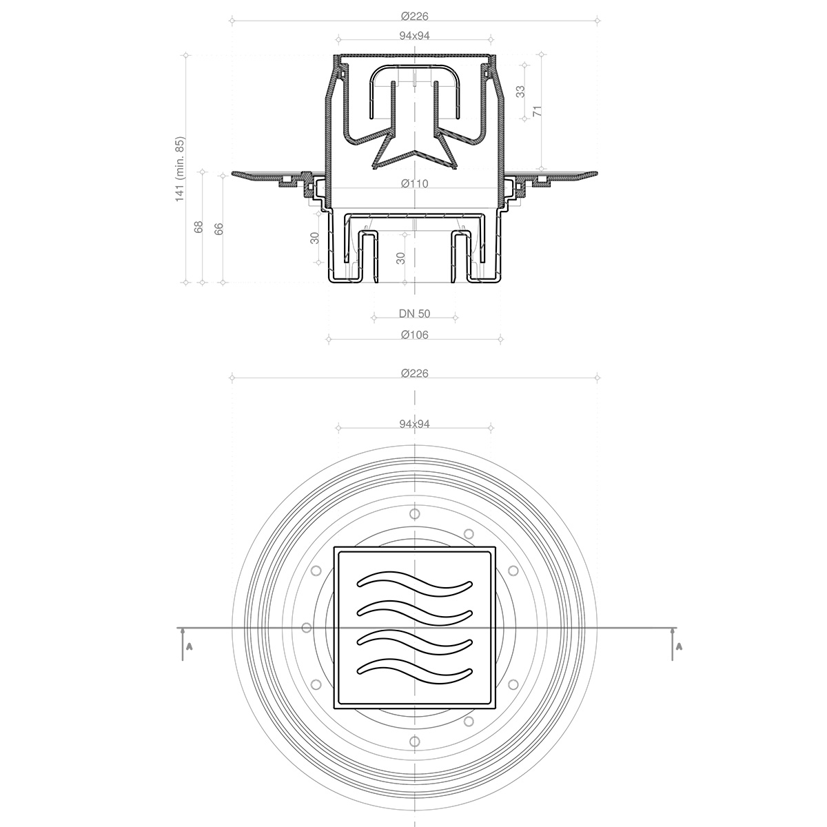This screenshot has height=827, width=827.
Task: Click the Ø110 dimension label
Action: pos(414,183)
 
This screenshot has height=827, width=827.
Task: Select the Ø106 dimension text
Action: pos(414,335)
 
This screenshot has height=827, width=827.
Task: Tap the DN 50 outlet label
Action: pos(414,314)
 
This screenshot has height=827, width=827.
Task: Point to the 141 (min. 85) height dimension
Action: pos(181,169)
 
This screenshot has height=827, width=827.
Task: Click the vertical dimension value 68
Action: pos(198,227)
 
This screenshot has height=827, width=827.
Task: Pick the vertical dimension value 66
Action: pos(219,229)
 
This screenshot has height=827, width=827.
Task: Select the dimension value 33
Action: pos(520,91)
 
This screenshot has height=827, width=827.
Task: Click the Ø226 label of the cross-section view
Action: pos(414,16)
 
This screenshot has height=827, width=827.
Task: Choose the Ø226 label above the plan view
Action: pos(414,373)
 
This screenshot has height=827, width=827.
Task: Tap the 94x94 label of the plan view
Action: pos(414,424)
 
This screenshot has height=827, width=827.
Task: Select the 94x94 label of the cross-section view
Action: pos(414,36)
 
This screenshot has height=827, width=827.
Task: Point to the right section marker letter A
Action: pos(679,647)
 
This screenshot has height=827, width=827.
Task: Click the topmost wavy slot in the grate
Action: pos(415,583)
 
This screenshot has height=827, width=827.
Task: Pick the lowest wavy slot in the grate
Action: pos(415,667)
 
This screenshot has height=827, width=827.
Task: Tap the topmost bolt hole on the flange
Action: pos(414,513)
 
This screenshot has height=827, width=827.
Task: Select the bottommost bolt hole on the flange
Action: pos(414,741)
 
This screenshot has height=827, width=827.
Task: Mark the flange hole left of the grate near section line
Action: pos(307,628)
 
